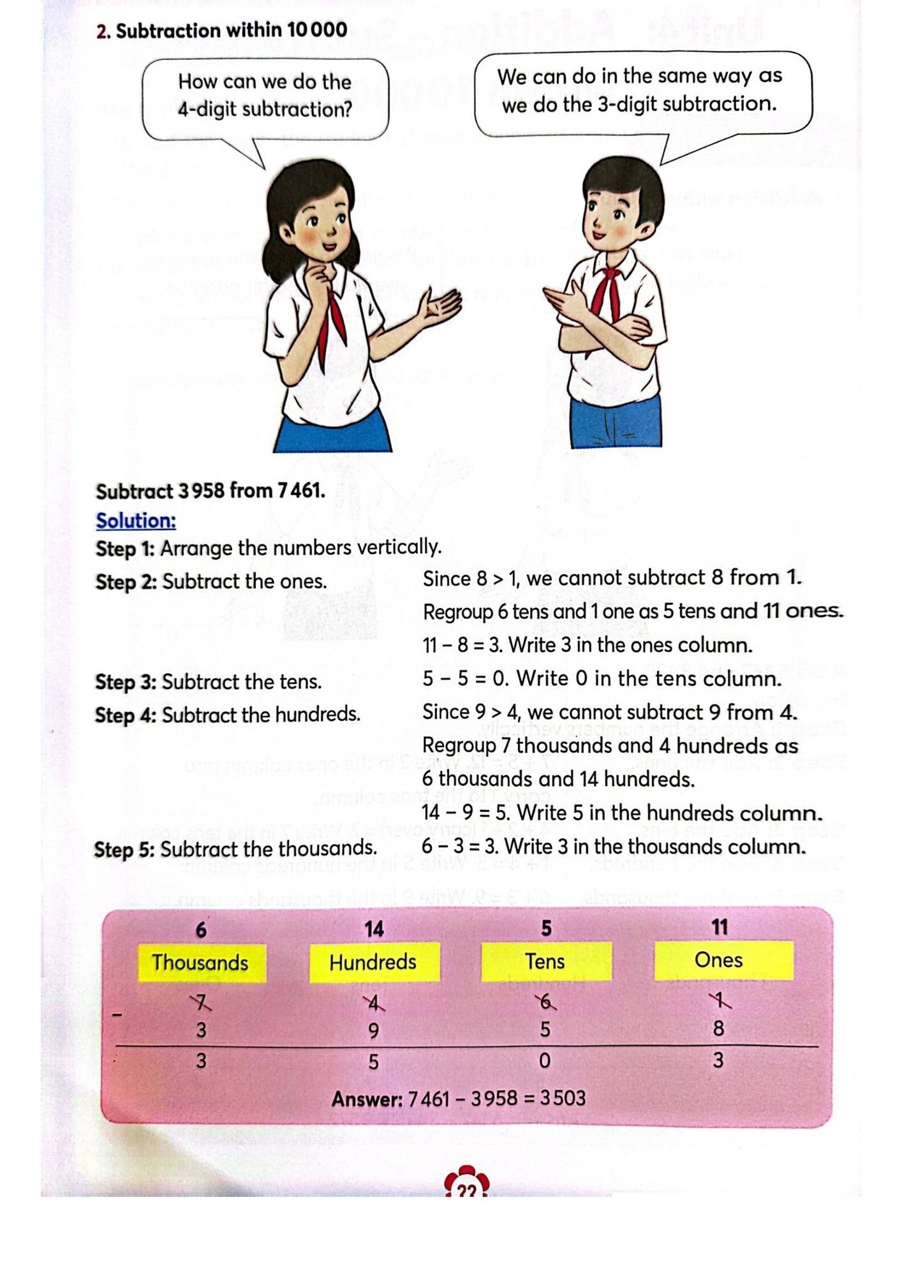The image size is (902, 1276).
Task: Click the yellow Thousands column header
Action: (x=200, y=962)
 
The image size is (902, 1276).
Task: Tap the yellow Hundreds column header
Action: (x=373, y=961)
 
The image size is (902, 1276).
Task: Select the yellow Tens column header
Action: (x=545, y=961)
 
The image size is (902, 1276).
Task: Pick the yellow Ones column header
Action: (x=719, y=960)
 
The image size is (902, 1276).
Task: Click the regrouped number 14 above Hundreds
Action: (x=374, y=929)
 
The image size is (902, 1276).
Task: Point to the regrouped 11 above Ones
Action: (x=720, y=927)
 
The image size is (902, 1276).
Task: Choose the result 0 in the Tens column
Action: (x=545, y=1060)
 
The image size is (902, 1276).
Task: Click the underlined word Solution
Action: (x=136, y=521)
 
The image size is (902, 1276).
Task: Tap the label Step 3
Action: (x=126, y=682)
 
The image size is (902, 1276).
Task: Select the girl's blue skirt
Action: (x=332, y=434)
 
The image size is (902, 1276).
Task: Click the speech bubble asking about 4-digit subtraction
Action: (x=265, y=96)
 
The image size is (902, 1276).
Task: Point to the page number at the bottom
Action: (x=466, y=1191)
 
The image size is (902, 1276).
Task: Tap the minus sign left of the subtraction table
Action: (x=117, y=1014)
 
